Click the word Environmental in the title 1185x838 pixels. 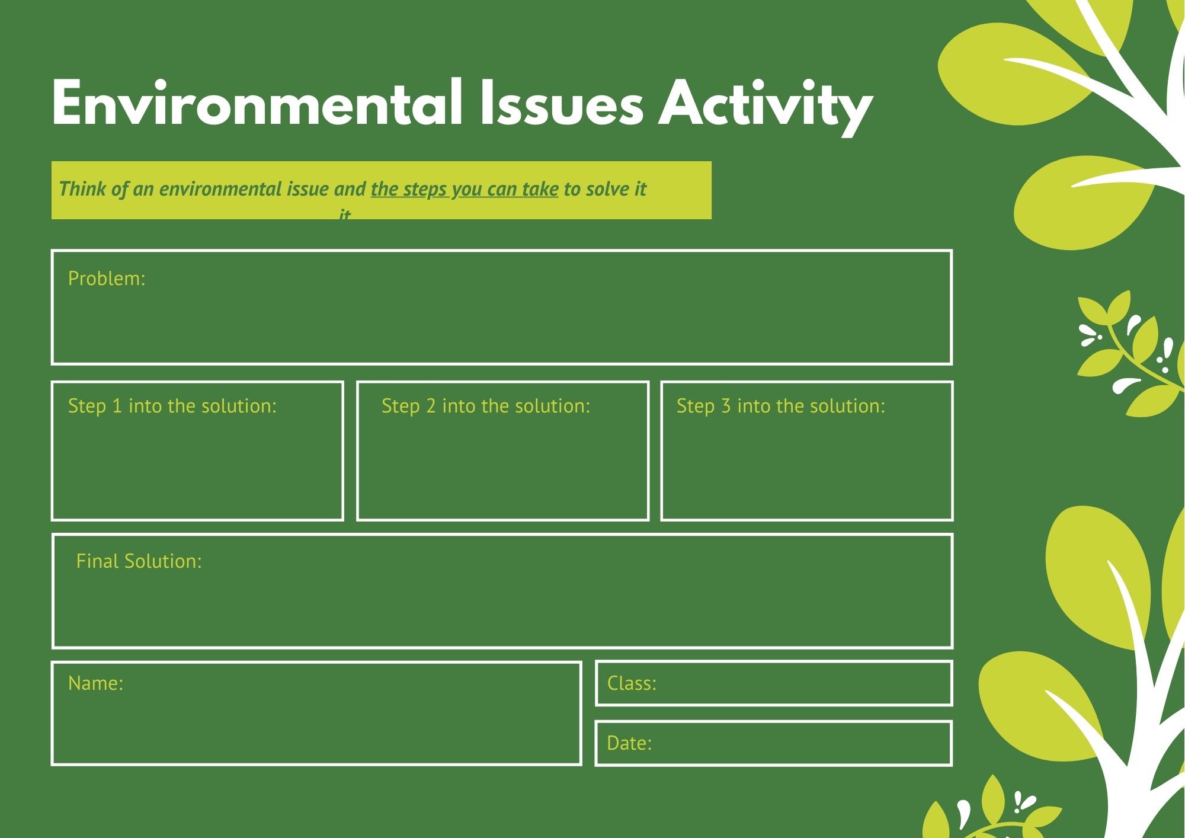tap(257, 103)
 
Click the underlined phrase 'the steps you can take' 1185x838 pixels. tap(465, 189)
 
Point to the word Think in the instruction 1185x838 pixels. tap(82, 188)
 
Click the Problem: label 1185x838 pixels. tap(107, 279)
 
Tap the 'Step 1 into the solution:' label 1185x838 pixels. tap(172, 406)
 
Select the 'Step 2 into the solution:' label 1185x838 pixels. tap(486, 406)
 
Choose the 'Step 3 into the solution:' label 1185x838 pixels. tap(781, 406)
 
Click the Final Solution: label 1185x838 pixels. tap(139, 561)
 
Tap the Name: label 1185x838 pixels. tap(96, 683)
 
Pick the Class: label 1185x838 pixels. tap(632, 683)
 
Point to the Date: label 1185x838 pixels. tap(629, 743)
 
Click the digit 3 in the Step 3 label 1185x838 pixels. tap(726, 406)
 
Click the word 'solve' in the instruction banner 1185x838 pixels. tap(607, 189)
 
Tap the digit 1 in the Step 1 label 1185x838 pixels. tap(117, 406)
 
